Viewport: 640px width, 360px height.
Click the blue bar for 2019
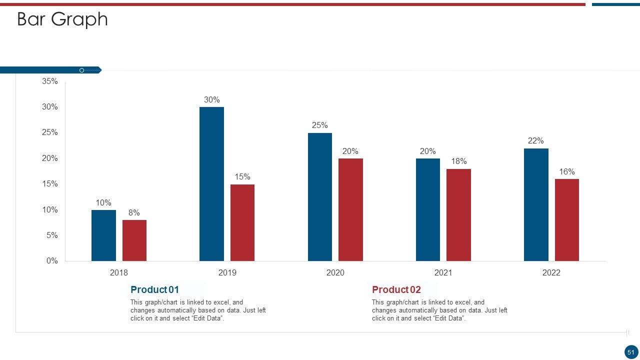pos(211,184)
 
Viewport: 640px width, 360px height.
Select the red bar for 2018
pos(134,240)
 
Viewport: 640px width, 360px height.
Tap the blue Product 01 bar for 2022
pos(536,204)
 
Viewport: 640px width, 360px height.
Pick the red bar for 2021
pos(458,215)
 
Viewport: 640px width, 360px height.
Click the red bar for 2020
pos(350,210)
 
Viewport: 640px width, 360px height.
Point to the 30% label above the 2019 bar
pos(211,99)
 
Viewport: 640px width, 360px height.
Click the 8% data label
pos(134,212)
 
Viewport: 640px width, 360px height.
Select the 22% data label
pos(535,140)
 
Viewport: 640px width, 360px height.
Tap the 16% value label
pos(566,171)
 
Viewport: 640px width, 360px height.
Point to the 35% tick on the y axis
pos(50,81)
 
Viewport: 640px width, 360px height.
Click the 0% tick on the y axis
pos(52,260)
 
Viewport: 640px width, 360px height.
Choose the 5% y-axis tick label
pos(52,235)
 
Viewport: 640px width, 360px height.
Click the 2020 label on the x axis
pos(335,272)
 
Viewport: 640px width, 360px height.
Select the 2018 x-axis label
pos(118,272)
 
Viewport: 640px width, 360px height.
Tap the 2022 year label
pos(551,272)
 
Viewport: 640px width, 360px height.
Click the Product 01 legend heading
pos(154,289)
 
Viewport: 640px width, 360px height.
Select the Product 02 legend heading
pos(396,289)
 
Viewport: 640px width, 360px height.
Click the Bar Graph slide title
pos(62,19)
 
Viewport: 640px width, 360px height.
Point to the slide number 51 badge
pos(630,352)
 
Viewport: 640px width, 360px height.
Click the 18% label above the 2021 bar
pos(458,161)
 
